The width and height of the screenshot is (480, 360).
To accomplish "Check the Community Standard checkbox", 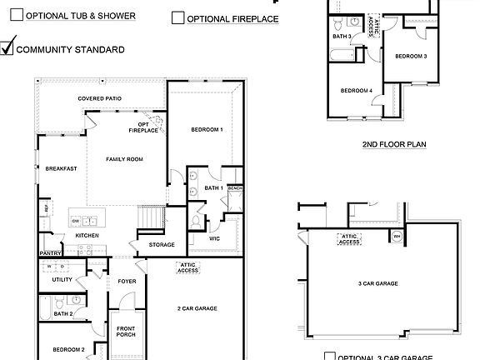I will click(x=7, y=48).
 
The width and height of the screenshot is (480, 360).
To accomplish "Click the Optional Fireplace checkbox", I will click(x=177, y=18).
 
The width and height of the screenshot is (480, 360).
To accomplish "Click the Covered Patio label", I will click(x=100, y=98).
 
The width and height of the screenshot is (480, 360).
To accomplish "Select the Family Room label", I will click(x=124, y=158).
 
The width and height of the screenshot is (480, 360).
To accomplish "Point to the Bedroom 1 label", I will click(x=206, y=129).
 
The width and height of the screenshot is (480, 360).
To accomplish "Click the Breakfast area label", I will click(x=61, y=168).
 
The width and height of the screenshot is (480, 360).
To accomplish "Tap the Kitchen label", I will click(x=87, y=235).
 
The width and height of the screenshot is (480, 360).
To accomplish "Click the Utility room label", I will click(x=62, y=279).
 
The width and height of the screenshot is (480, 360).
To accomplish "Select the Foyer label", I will click(x=126, y=281).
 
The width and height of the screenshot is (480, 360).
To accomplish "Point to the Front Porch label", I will click(x=126, y=331).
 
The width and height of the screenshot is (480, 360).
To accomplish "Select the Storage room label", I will click(x=162, y=244).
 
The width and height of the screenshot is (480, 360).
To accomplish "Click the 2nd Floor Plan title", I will click(x=394, y=144).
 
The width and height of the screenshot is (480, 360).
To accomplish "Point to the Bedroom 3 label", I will click(x=411, y=56).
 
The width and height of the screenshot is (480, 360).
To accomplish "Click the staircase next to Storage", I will click(x=150, y=217).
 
